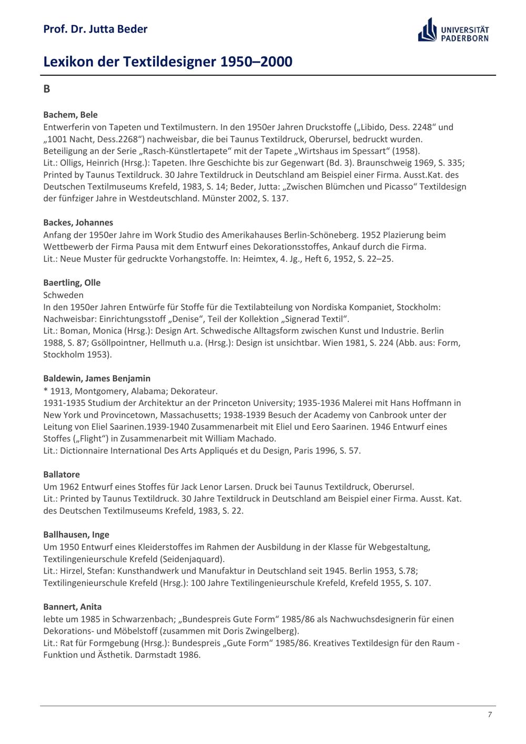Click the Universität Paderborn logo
pyautogui.click(x=453, y=30)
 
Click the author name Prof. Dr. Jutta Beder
pyautogui.click(x=95, y=29)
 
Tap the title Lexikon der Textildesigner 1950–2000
pyautogui.click(x=167, y=62)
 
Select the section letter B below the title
pyautogui.click(x=47, y=89)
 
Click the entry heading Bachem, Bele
pyautogui.click(x=70, y=115)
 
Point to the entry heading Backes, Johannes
pyautogui.click(x=78, y=222)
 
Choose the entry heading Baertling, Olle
pyautogui.click(x=72, y=282)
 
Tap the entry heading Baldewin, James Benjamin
pyautogui.click(x=97, y=378)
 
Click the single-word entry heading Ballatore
pyautogui.click(x=62, y=474)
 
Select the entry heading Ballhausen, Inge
pyautogui.click(x=76, y=534)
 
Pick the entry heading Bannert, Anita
pyautogui.click(x=73, y=606)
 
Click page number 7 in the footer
pyautogui.click(x=490, y=714)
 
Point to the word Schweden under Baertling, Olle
pyautogui.click(x=63, y=295)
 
